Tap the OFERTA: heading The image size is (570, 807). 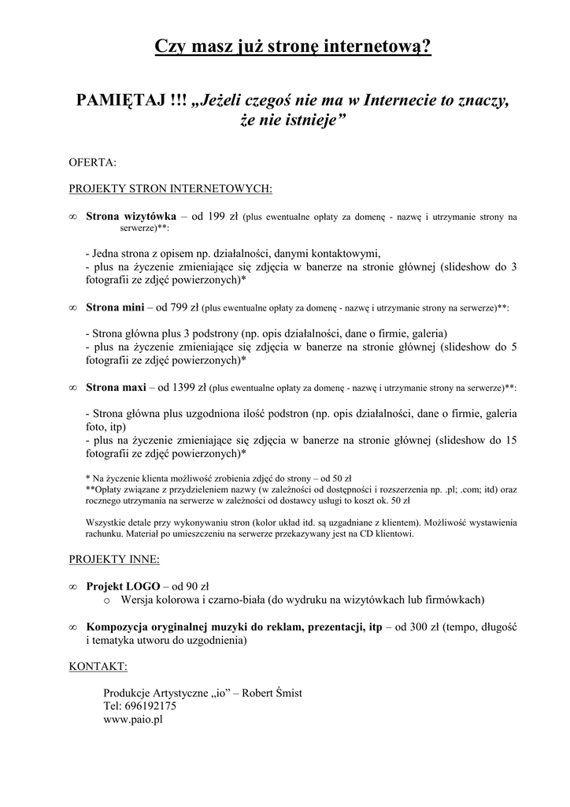click(x=93, y=163)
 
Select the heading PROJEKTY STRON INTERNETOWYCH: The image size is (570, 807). click(x=171, y=189)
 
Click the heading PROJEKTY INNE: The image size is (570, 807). click(x=114, y=560)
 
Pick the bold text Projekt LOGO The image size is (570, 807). click(x=124, y=586)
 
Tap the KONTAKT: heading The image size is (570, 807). click(x=98, y=667)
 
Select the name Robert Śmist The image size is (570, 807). click(x=273, y=693)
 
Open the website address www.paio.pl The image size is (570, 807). click(x=132, y=720)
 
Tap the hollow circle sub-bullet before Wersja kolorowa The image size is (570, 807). click(x=107, y=601)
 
